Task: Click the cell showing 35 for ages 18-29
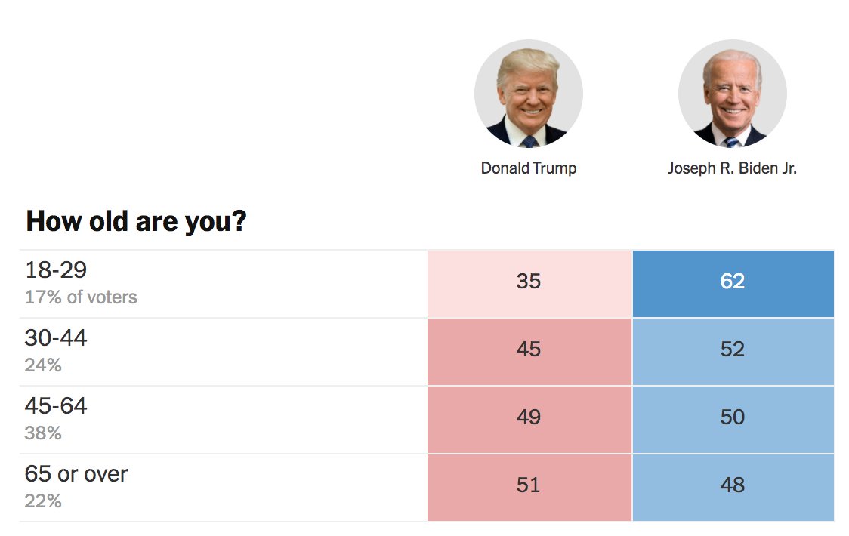pos(529,282)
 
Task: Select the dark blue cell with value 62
pos(733,282)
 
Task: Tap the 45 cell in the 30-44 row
pos(529,350)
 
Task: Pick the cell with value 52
pos(733,350)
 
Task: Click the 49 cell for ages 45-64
pos(529,418)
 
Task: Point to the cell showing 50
pos(733,418)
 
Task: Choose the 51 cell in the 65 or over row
pos(529,486)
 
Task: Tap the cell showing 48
pos(733,486)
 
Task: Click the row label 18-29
pos(56,270)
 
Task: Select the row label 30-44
pos(56,338)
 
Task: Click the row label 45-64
pos(56,406)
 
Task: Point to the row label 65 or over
pos(76,474)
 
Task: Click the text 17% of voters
pos(81,297)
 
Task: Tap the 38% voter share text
pos(43,433)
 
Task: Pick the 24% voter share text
pos(43,365)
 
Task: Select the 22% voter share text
pos(43,501)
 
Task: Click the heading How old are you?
pos(136,223)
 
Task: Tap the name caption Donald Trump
pos(529,168)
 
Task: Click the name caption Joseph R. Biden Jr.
pos(732,168)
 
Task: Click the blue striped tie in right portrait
pos(732,141)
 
